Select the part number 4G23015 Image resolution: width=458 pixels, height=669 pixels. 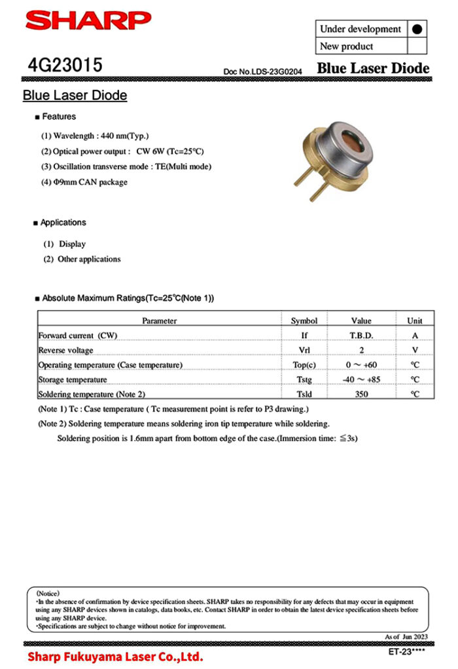[65, 66]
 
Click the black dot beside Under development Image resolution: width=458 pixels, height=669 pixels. [417, 29]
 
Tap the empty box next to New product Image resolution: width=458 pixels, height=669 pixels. [417, 47]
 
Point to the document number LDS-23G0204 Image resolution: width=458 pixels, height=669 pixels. [263, 70]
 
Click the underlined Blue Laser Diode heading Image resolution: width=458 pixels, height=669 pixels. [75, 96]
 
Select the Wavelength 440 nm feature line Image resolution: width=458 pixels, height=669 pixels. [96, 136]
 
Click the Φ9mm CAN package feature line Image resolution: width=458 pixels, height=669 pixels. [84, 182]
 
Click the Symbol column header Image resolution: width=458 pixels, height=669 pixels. [304, 320]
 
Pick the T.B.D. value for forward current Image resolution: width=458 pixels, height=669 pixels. [361, 335]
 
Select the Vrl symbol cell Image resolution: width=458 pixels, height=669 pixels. [304, 351]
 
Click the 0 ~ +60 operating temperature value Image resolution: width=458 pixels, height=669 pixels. [361, 365]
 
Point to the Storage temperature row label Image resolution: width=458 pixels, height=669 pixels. [73, 380]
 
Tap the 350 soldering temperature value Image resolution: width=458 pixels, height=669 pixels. [361, 394]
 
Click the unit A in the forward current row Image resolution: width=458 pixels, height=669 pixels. [415, 335]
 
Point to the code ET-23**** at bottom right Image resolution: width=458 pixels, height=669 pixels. [406, 651]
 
